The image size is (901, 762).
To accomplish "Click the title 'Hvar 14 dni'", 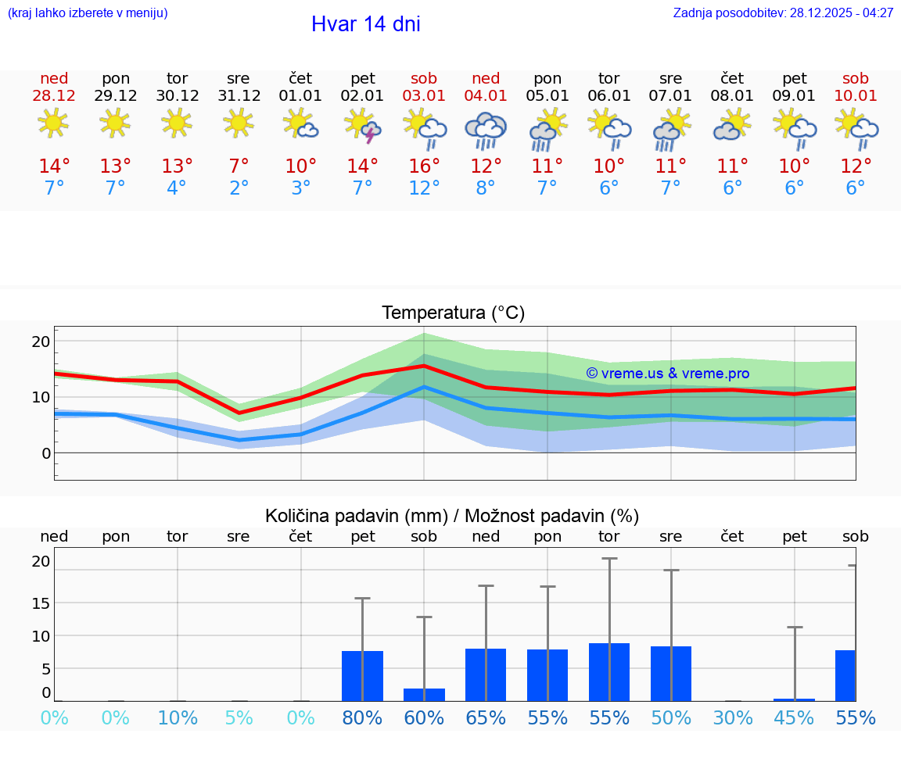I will [x=365, y=24].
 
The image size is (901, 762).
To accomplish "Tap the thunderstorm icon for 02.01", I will [x=362, y=126].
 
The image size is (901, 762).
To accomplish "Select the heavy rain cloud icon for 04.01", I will [x=486, y=129].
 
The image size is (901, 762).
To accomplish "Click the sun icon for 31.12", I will [x=239, y=123].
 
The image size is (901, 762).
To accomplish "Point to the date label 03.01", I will [x=424, y=95].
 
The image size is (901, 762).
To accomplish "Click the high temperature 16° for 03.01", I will [x=424, y=166].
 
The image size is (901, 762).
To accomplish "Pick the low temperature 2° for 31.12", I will [x=239, y=188].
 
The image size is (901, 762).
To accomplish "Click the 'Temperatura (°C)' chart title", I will [x=453, y=313].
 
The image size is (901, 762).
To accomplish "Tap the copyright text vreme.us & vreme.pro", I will [x=667, y=374].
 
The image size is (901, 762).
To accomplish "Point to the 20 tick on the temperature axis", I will [x=41, y=342].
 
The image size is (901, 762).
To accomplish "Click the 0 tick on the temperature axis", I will [x=46, y=453].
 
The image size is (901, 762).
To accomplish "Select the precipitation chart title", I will [x=452, y=516].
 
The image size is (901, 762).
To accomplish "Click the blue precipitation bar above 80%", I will [x=362, y=676].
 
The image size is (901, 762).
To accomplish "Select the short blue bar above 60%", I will [x=424, y=695].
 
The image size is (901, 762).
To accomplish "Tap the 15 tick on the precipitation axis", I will [x=41, y=603].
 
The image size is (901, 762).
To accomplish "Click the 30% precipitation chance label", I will [x=732, y=718].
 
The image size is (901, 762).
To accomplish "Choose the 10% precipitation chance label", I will [x=178, y=718].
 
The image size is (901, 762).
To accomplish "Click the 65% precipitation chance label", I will [x=486, y=718].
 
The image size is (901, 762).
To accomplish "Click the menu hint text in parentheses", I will [x=88, y=13].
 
